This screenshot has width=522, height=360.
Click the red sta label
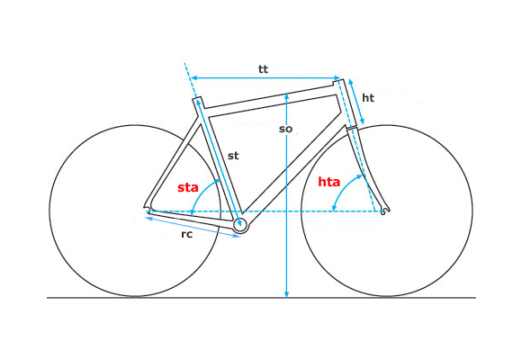tap(188, 187)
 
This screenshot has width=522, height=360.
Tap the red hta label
tap(328, 182)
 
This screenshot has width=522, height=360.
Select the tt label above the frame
tap(263, 69)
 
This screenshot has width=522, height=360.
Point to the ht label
tap(368, 98)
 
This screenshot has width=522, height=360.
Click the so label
tap(285, 129)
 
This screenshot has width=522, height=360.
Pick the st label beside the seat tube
tap(233, 156)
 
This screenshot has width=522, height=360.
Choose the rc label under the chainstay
tap(187, 234)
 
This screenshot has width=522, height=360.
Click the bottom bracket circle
tap(240, 226)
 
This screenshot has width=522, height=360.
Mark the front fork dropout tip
tap(384, 211)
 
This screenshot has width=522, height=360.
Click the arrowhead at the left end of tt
tap(194, 77)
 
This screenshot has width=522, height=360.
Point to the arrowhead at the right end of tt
tap(337, 77)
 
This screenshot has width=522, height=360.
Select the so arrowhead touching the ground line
tap(286, 294)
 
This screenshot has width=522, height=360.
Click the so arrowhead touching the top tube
tap(286, 96)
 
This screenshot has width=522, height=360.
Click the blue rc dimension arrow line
tap(193, 227)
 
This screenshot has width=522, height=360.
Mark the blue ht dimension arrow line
tap(356, 101)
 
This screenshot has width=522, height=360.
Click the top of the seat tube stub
tap(197, 98)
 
